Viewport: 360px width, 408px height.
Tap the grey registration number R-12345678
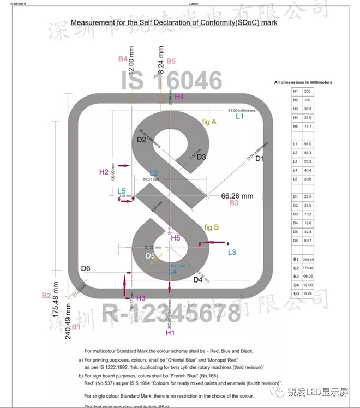click(x=171, y=313)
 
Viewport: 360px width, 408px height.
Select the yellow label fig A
click(x=209, y=122)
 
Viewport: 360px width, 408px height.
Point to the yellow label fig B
click(x=211, y=227)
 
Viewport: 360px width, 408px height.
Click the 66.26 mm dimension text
click(x=237, y=195)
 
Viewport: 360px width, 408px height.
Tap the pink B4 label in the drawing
click(x=123, y=58)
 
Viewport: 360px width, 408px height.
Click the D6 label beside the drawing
click(x=86, y=268)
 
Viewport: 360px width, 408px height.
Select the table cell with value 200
click(x=309, y=91)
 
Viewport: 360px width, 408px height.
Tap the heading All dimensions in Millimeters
click(x=303, y=82)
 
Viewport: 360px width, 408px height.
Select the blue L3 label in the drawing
click(x=232, y=253)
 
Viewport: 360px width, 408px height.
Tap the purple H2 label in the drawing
click(x=104, y=172)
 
